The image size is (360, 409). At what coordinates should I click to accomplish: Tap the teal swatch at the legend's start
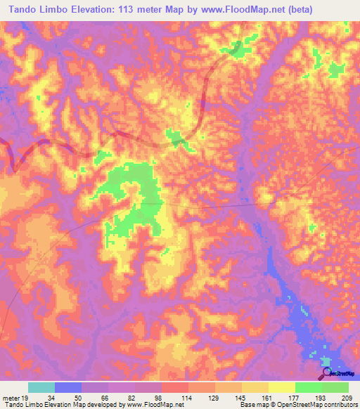[x=41, y=387]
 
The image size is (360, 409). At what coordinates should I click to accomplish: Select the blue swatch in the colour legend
[x=68, y=387]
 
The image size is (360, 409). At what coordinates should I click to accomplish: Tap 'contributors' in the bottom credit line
[x=340, y=405]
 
